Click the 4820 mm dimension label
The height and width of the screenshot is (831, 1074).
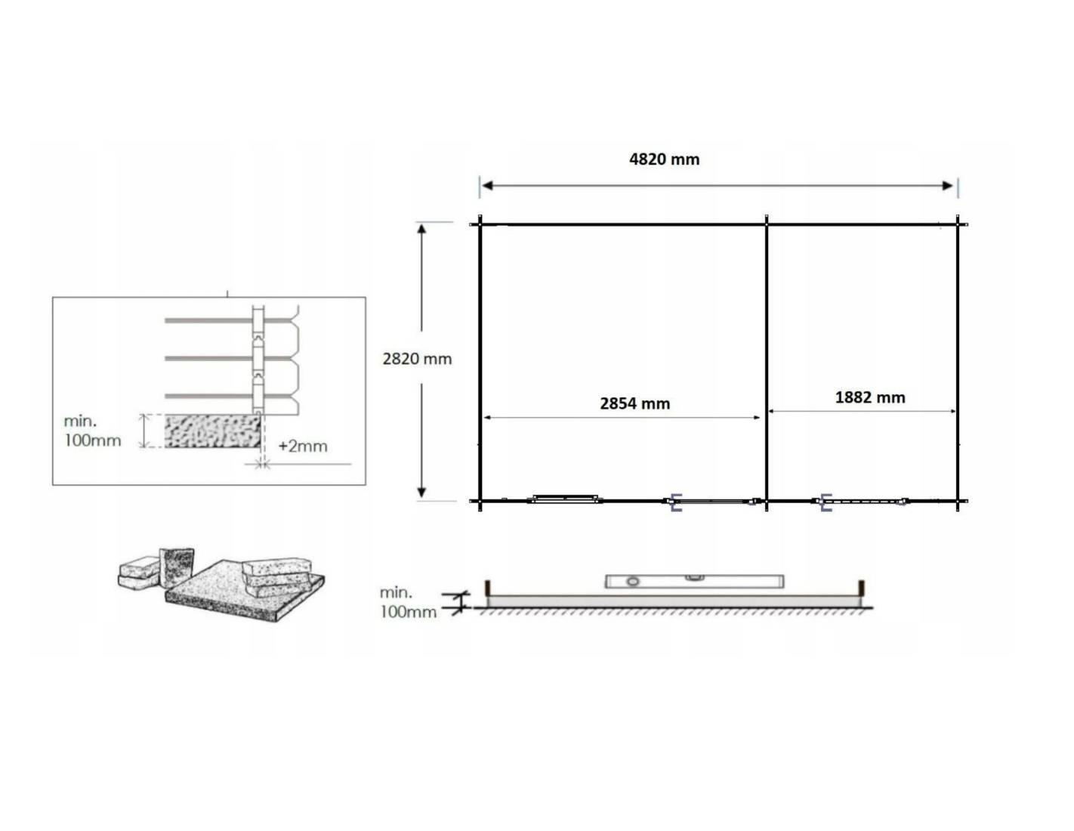(664, 159)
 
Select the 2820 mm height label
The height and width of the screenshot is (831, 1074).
(417, 359)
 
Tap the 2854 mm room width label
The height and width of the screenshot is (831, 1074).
(634, 403)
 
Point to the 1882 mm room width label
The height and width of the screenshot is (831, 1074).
(870, 397)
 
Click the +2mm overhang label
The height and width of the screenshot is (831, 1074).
(302, 446)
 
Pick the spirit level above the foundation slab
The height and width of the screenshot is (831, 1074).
(695, 582)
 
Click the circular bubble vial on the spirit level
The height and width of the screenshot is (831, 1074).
(632, 582)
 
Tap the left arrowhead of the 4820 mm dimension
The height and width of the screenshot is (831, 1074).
(487, 186)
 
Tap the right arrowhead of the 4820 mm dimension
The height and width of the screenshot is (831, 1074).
(948, 186)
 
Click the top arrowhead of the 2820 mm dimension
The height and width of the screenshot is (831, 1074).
(421, 229)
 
